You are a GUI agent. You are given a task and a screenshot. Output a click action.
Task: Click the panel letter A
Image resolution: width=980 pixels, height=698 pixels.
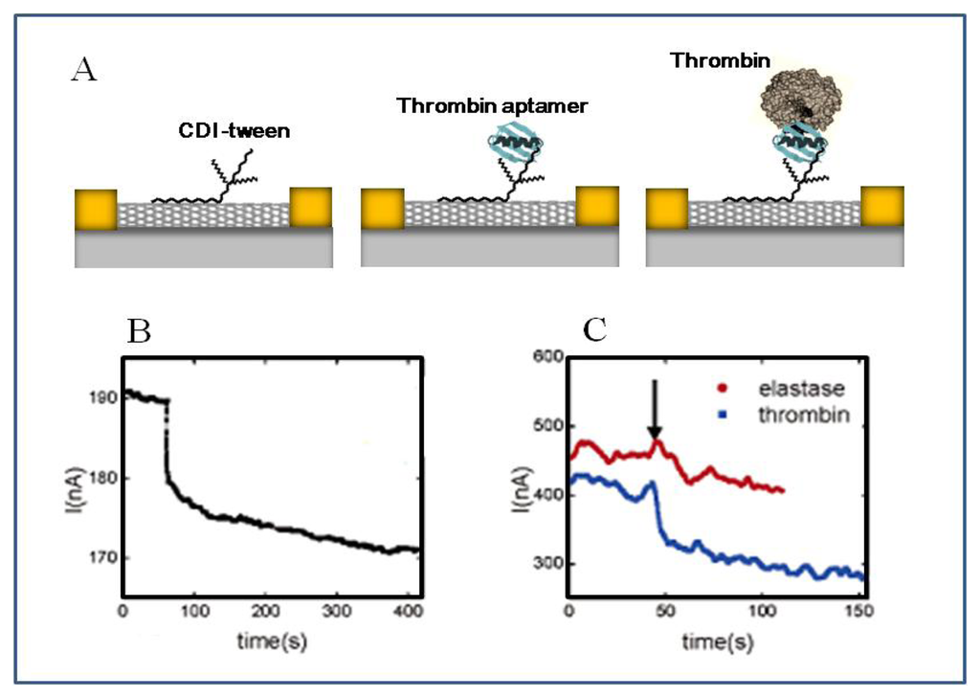coord(83,69)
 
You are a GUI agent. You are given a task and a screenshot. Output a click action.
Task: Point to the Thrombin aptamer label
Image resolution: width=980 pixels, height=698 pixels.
coord(493,105)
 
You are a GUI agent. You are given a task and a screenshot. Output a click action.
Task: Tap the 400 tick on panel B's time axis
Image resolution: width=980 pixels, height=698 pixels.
coord(405,612)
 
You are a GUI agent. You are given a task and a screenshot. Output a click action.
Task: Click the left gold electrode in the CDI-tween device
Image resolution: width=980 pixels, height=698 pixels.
coord(96,209)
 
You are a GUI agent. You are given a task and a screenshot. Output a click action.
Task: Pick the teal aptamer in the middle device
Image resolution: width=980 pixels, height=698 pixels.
coord(515,148)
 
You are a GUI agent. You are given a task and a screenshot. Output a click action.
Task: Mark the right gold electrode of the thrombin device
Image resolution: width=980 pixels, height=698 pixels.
coord(882,209)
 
